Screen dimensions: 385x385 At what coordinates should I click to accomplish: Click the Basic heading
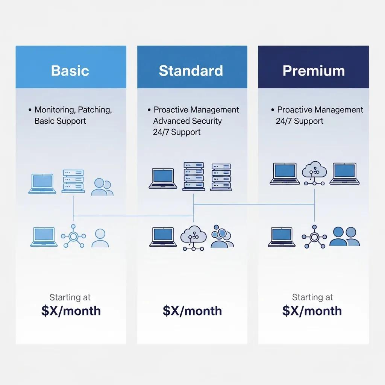click(x=70, y=71)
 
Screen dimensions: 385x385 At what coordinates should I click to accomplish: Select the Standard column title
click(x=191, y=71)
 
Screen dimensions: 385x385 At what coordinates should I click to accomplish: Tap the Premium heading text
click(x=314, y=71)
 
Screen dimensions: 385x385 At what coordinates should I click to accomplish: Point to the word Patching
click(x=95, y=110)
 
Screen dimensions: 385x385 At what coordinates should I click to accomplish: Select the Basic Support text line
click(x=60, y=121)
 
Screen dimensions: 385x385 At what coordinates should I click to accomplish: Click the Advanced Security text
click(x=187, y=121)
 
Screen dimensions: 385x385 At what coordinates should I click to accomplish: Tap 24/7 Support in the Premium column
click(x=299, y=121)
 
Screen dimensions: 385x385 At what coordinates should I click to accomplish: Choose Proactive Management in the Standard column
click(x=196, y=110)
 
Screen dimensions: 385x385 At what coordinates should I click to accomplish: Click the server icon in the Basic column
click(x=73, y=181)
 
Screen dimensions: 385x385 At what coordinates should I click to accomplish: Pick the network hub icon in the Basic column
click(x=73, y=236)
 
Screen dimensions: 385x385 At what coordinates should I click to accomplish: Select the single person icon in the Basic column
click(x=100, y=238)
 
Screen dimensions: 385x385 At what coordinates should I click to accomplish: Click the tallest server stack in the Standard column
click(x=194, y=176)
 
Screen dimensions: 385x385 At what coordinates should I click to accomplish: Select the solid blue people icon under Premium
click(x=344, y=237)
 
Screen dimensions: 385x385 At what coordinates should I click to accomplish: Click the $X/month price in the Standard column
click(x=192, y=311)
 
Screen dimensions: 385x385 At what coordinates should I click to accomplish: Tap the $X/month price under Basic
click(x=71, y=311)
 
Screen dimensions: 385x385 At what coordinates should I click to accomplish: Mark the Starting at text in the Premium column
click(x=312, y=297)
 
